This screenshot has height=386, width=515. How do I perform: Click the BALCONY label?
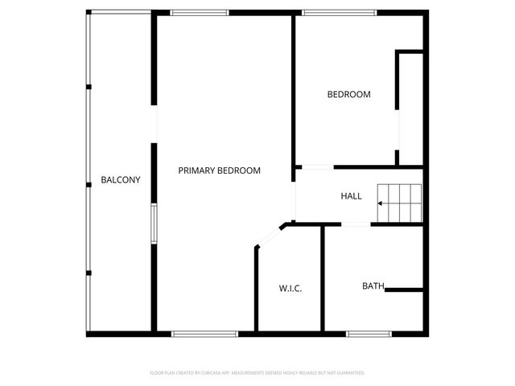click(121, 180)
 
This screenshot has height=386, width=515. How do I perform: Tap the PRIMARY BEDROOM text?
click(220, 170)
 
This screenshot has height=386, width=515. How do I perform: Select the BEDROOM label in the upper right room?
click(348, 95)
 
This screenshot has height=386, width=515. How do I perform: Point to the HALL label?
click(352, 196)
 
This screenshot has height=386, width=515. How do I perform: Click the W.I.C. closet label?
click(290, 288)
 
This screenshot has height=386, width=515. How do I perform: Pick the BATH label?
click(373, 286)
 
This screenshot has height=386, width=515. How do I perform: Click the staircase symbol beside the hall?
click(401, 203)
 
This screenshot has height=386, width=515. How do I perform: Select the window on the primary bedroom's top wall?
click(200, 12)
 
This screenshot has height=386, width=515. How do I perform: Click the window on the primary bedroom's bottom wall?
click(205, 333)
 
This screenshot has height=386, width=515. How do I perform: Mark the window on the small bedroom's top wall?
click(339, 12)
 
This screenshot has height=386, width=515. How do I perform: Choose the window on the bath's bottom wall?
click(369, 333)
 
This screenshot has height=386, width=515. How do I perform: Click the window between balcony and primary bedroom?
click(153, 223)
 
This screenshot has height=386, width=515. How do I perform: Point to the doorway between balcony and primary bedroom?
click(154, 125)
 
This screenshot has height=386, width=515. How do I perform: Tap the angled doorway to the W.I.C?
click(268, 236)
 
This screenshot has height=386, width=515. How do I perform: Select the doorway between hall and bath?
click(356, 225)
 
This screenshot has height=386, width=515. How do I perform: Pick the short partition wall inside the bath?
click(404, 289)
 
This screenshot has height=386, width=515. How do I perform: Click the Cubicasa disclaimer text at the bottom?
click(257, 373)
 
